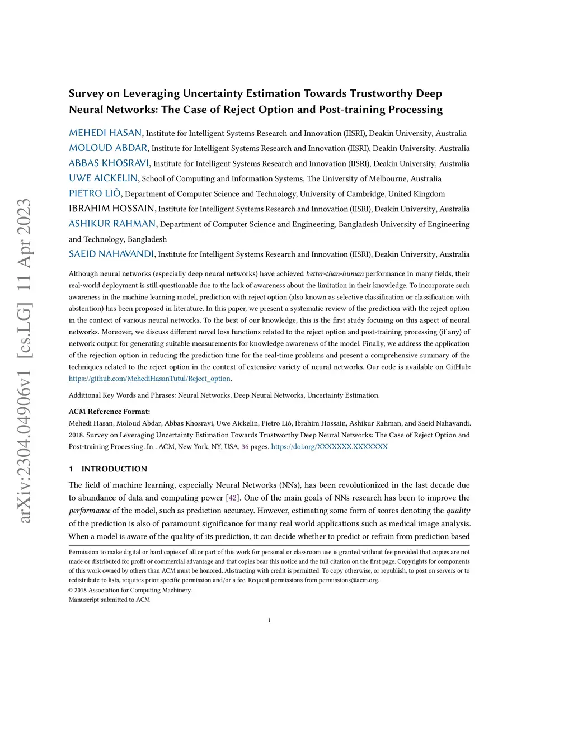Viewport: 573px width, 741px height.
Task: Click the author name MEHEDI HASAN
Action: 105,133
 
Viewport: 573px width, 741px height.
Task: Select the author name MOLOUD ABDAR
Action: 108,148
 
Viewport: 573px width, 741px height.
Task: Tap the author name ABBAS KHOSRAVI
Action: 109,163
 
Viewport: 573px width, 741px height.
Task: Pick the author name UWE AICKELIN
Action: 103,178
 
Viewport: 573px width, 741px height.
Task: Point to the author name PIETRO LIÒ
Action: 95,193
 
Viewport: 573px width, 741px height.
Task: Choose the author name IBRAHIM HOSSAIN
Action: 111,209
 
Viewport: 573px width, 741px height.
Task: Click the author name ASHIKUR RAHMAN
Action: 112,224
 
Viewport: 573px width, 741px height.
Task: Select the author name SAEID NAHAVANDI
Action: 111,254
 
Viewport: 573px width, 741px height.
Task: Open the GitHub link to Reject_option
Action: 149,379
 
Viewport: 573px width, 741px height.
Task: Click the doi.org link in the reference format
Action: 329,447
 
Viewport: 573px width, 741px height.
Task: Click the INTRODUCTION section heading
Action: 114,469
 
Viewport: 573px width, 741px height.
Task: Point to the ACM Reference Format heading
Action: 109,412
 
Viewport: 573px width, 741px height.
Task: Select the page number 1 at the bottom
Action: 269,620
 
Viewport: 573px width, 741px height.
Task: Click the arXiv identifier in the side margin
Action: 25,361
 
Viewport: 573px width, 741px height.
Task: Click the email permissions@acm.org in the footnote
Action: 349,580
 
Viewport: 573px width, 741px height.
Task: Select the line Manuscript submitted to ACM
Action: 109,600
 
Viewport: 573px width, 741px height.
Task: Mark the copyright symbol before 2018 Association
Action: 71,590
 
